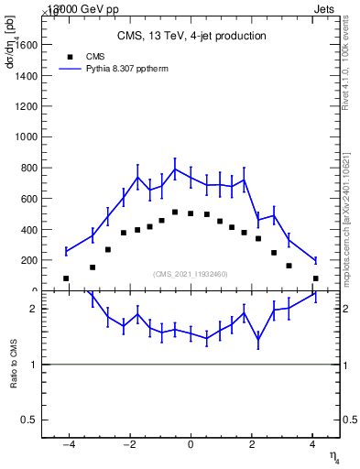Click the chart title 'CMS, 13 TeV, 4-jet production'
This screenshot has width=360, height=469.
[191, 37]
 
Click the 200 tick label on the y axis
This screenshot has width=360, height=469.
[28, 260]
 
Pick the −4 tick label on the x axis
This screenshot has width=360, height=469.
[67, 445]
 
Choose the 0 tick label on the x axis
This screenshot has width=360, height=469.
[191, 445]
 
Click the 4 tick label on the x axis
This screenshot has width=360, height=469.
[312, 445]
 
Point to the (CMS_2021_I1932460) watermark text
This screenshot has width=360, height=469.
[191, 274]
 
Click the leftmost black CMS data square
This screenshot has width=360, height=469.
[66, 278]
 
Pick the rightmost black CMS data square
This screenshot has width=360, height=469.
[315, 278]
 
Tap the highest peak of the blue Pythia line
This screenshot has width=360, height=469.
[175, 169]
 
